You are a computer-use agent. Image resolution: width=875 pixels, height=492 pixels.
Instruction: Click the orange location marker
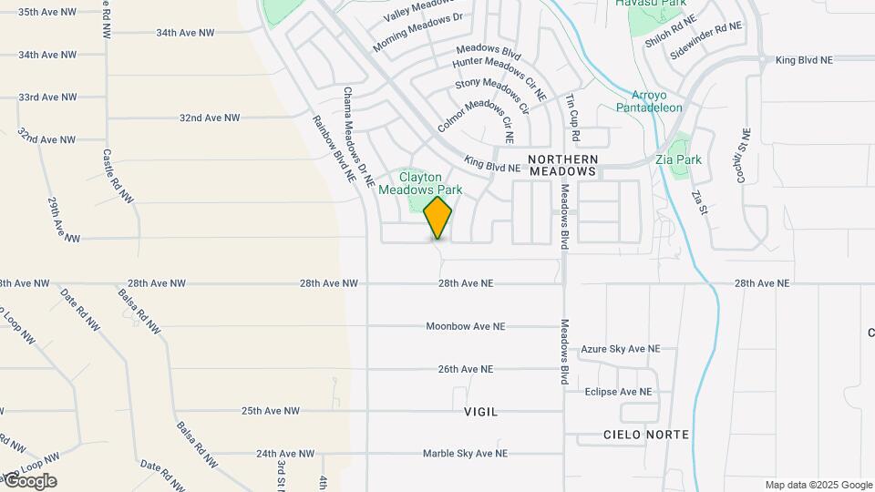pos(438,217)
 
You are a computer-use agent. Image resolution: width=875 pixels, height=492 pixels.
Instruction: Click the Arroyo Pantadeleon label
pos(656,101)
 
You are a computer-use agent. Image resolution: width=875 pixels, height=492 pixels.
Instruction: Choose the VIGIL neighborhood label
pos(481,412)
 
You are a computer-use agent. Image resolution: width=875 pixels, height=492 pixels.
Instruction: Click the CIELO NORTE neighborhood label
pos(646,435)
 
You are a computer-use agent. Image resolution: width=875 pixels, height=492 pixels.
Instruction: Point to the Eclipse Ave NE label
pos(619,392)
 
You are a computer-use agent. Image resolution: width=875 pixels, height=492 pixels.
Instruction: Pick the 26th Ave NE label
pos(465,369)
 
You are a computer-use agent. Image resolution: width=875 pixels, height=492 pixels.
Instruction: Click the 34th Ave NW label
pos(185,32)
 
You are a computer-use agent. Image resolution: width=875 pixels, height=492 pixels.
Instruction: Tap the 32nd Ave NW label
pos(210,118)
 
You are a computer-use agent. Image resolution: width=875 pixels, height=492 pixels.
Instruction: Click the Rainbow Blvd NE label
pos(333,149)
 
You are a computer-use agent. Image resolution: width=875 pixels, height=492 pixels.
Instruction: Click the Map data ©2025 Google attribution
pos(818,485)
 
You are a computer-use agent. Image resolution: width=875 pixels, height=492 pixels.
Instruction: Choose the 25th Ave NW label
pos(271,411)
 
